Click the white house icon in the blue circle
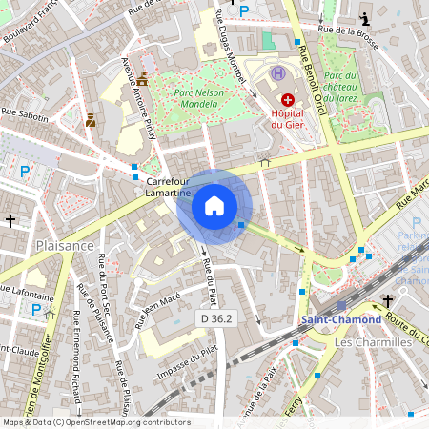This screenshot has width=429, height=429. (x=214, y=205)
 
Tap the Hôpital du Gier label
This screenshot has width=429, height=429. (x=286, y=118)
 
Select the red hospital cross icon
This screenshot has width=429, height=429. (x=287, y=99)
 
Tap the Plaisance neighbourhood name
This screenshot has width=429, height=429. (x=62, y=245)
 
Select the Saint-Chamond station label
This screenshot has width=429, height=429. (x=340, y=319)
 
